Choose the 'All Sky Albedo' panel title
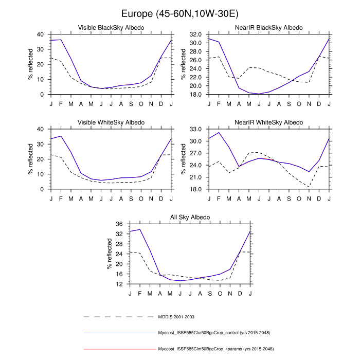[x=190, y=218]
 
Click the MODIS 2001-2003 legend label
[x=176, y=317]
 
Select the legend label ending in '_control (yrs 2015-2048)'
[x=215, y=333]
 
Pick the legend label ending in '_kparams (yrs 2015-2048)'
[x=215, y=349]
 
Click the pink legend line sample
[x=119, y=349]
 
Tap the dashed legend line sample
[x=119, y=317]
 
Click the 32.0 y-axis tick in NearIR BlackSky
[x=194, y=34]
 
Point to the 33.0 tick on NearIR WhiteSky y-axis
[x=194, y=129]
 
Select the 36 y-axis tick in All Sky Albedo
[x=119, y=224]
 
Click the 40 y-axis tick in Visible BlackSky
[x=40, y=34]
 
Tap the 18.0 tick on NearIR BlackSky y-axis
[x=194, y=95]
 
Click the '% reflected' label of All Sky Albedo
[x=110, y=254]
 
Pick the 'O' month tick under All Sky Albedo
[x=220, y=293]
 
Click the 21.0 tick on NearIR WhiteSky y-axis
[x=194, y=177]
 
